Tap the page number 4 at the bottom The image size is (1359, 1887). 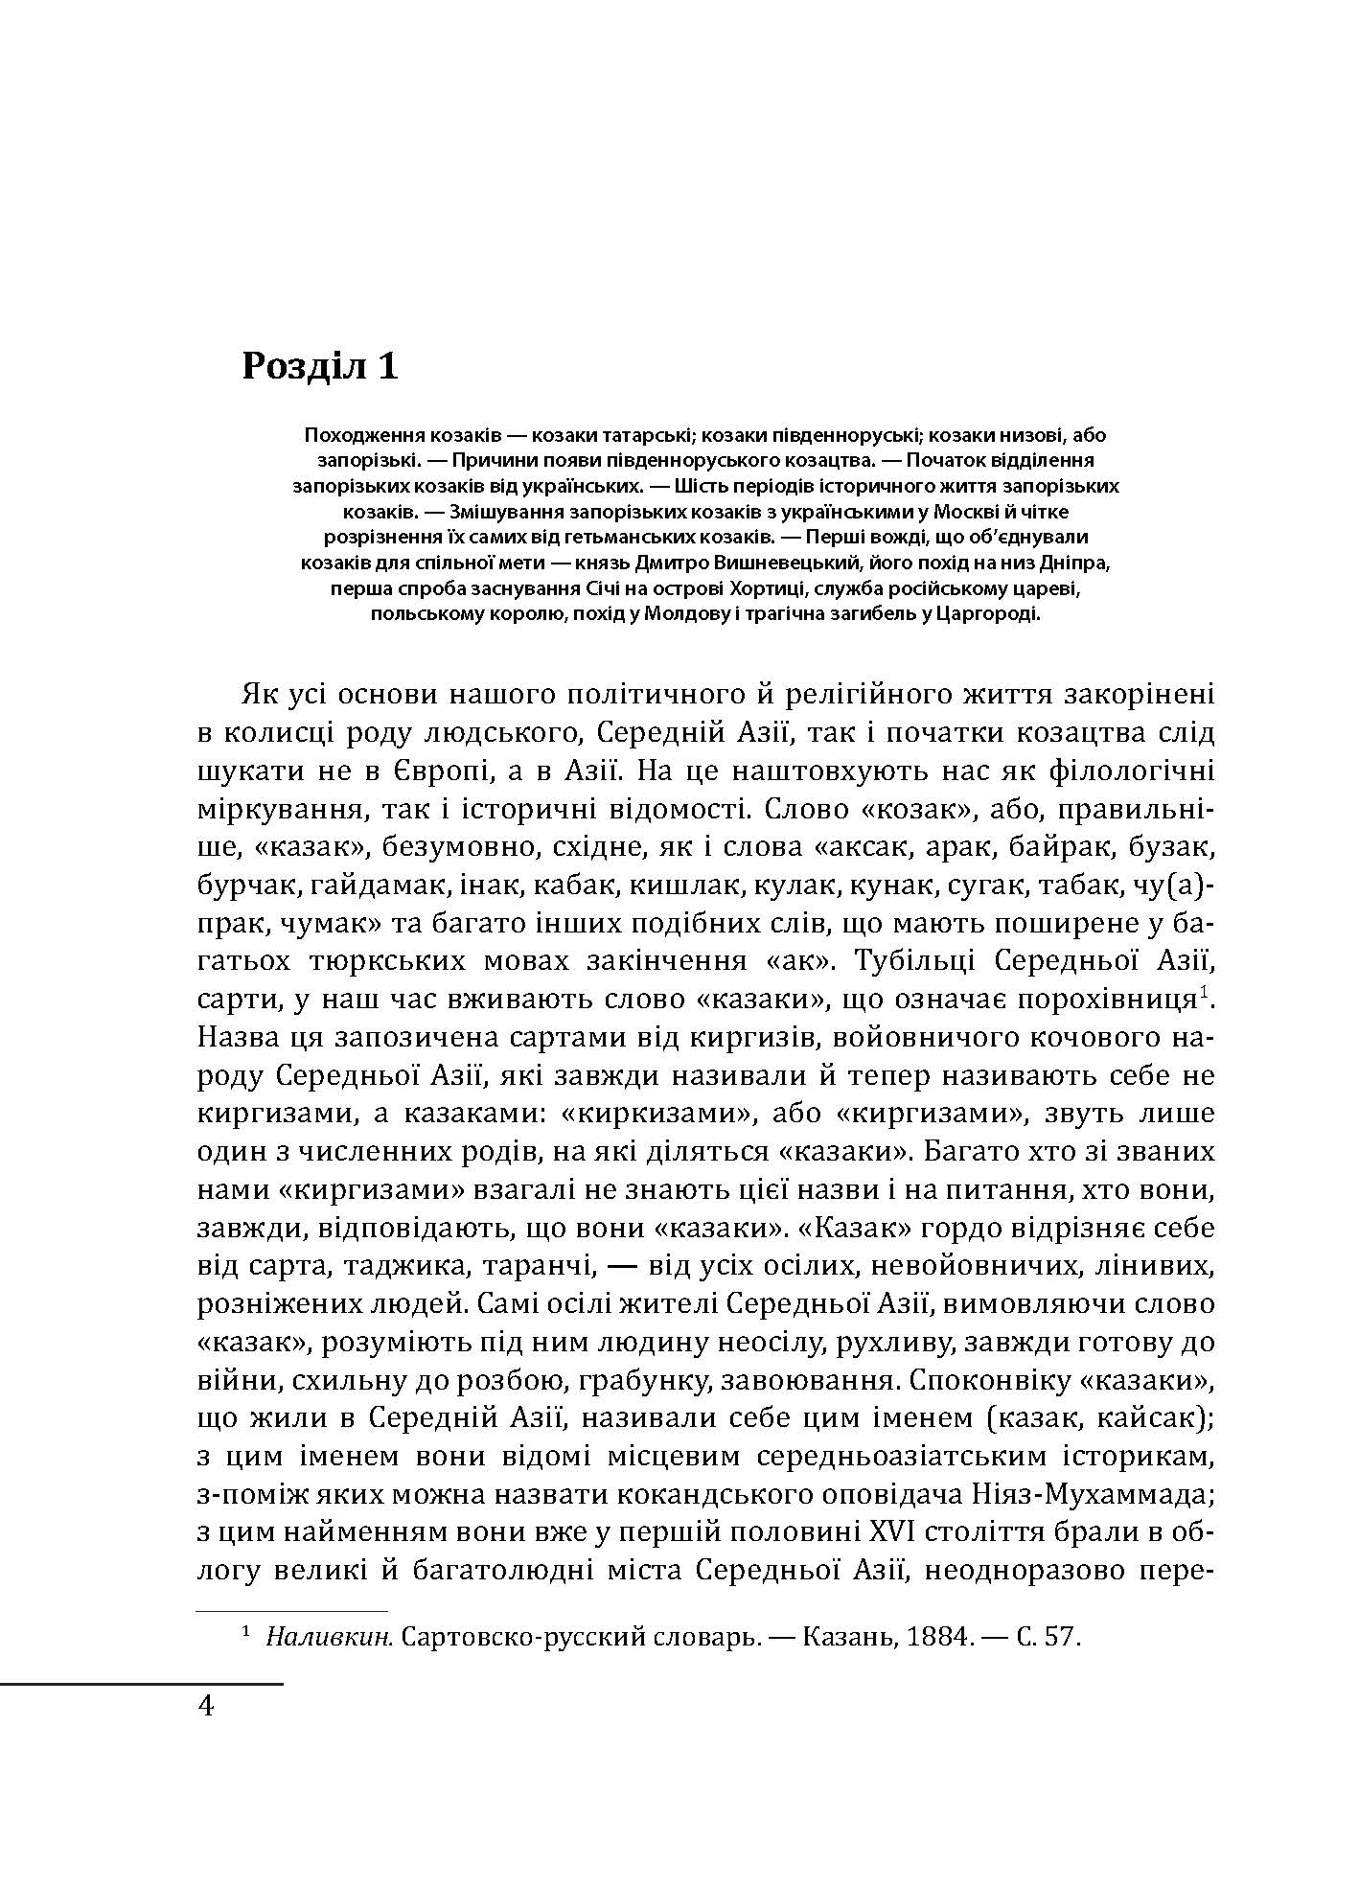(204, 1707)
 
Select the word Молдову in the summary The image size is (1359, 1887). (711, 613)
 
